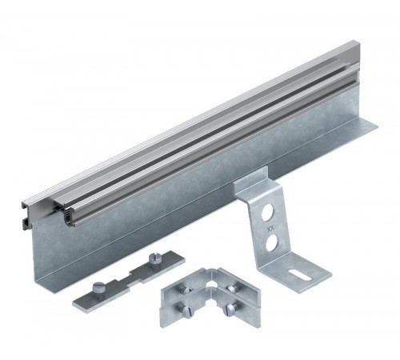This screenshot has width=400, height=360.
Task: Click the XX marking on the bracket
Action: (269, 229)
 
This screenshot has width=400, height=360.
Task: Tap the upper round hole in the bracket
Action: (267, 213)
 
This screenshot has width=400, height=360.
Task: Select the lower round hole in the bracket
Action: (271, 242)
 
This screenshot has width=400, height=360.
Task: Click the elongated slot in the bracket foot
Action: (300, 274)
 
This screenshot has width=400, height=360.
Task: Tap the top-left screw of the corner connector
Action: (185, 290)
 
